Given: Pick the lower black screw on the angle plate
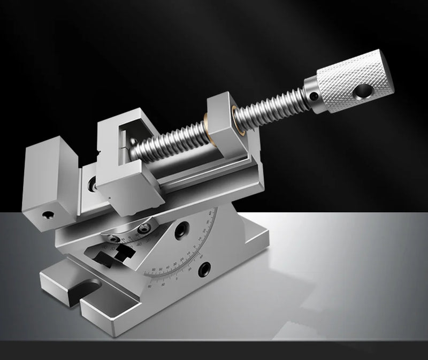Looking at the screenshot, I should [x=205, y=267].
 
